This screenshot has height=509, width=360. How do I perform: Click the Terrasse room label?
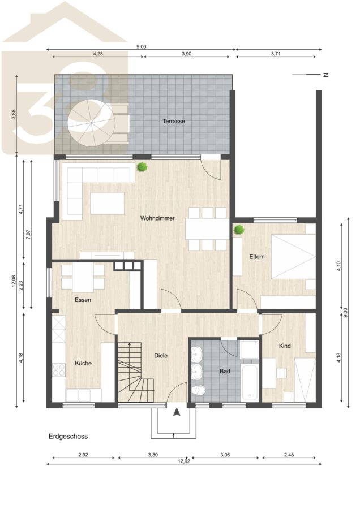tap(174, 121)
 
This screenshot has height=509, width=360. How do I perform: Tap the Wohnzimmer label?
tap(157, 218)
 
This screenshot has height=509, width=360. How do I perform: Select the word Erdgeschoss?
tap(68, 437)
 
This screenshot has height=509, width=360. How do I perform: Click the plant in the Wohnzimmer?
tap(142, 167)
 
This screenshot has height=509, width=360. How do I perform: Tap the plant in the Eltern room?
tap(239, 230)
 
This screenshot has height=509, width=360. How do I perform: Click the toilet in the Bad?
tap(198, 389)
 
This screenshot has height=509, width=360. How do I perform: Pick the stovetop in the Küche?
tap(59, 370)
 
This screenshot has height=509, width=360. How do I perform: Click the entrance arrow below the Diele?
tap(177, 412)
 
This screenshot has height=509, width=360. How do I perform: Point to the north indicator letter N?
tap(326, 75)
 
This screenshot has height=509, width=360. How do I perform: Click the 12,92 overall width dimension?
tap(183, 461)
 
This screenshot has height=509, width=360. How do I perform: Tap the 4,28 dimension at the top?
tap(98, 54)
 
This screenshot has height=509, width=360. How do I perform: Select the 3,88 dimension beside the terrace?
tap(14, 114)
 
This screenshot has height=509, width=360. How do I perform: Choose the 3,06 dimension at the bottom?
tap(225, 455)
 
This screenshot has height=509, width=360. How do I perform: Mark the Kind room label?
tap(285, 346)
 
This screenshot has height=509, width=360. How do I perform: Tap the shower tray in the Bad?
tap(250, 350)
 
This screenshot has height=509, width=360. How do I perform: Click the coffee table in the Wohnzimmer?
tap(107, 203)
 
